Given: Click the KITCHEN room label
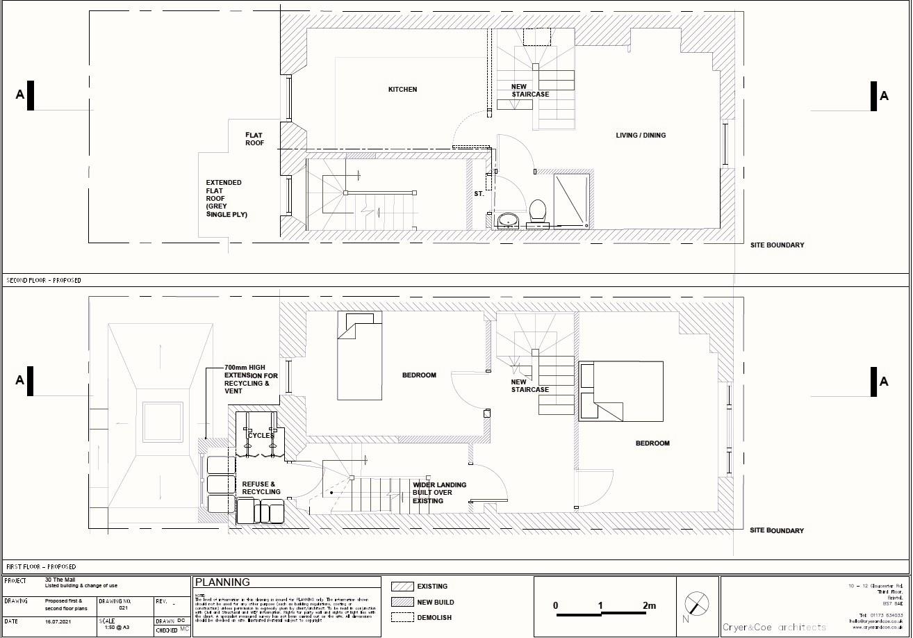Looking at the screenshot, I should [x=402, y=89].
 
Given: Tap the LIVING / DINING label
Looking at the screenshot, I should [x=640, y=135].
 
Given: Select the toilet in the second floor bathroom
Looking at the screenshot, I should [x=537, y=212].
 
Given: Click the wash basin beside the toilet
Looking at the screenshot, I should [x=509, y=220].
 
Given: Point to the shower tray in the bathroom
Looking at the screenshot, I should [x=571, y=200].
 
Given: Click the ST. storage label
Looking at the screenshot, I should [x=479, y=194].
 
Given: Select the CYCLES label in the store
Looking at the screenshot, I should [x=261, y=435].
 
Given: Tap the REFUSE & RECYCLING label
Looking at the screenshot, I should [x=261, y=488].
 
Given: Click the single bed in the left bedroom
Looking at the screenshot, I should [x=360, y=355].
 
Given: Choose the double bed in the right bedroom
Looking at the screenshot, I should [x=620, y=391].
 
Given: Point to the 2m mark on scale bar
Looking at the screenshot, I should [x=648, y=606].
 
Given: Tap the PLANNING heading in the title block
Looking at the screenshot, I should [x=222, y=582].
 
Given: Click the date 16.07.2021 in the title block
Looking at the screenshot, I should [x=59, y=621].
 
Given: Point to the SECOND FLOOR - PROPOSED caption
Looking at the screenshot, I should [x=44, y=281].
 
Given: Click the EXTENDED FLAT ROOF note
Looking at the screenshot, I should [x=224, y=199].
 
